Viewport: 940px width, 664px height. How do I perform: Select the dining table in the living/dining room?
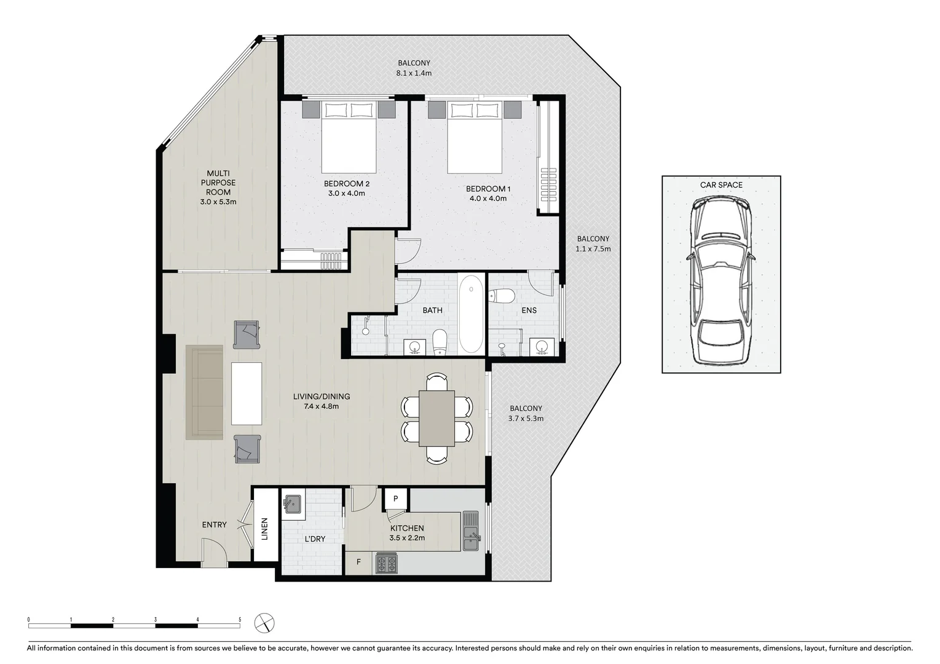point(437,418)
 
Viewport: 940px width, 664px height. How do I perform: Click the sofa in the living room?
point(205,392)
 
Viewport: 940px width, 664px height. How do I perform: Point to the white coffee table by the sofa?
point(247,393)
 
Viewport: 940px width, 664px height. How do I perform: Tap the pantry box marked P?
point(395,499)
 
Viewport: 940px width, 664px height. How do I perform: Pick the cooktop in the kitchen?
point(387,563)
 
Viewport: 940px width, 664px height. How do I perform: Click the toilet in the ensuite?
point(502,296)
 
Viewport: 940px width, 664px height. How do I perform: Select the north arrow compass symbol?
point(264,622)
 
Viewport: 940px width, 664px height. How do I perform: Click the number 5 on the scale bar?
point(240,619)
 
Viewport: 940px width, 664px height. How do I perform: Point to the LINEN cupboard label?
point(265,529)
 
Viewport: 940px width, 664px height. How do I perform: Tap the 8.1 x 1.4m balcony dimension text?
point(414,73)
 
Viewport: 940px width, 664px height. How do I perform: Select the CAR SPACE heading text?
point(721,184)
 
